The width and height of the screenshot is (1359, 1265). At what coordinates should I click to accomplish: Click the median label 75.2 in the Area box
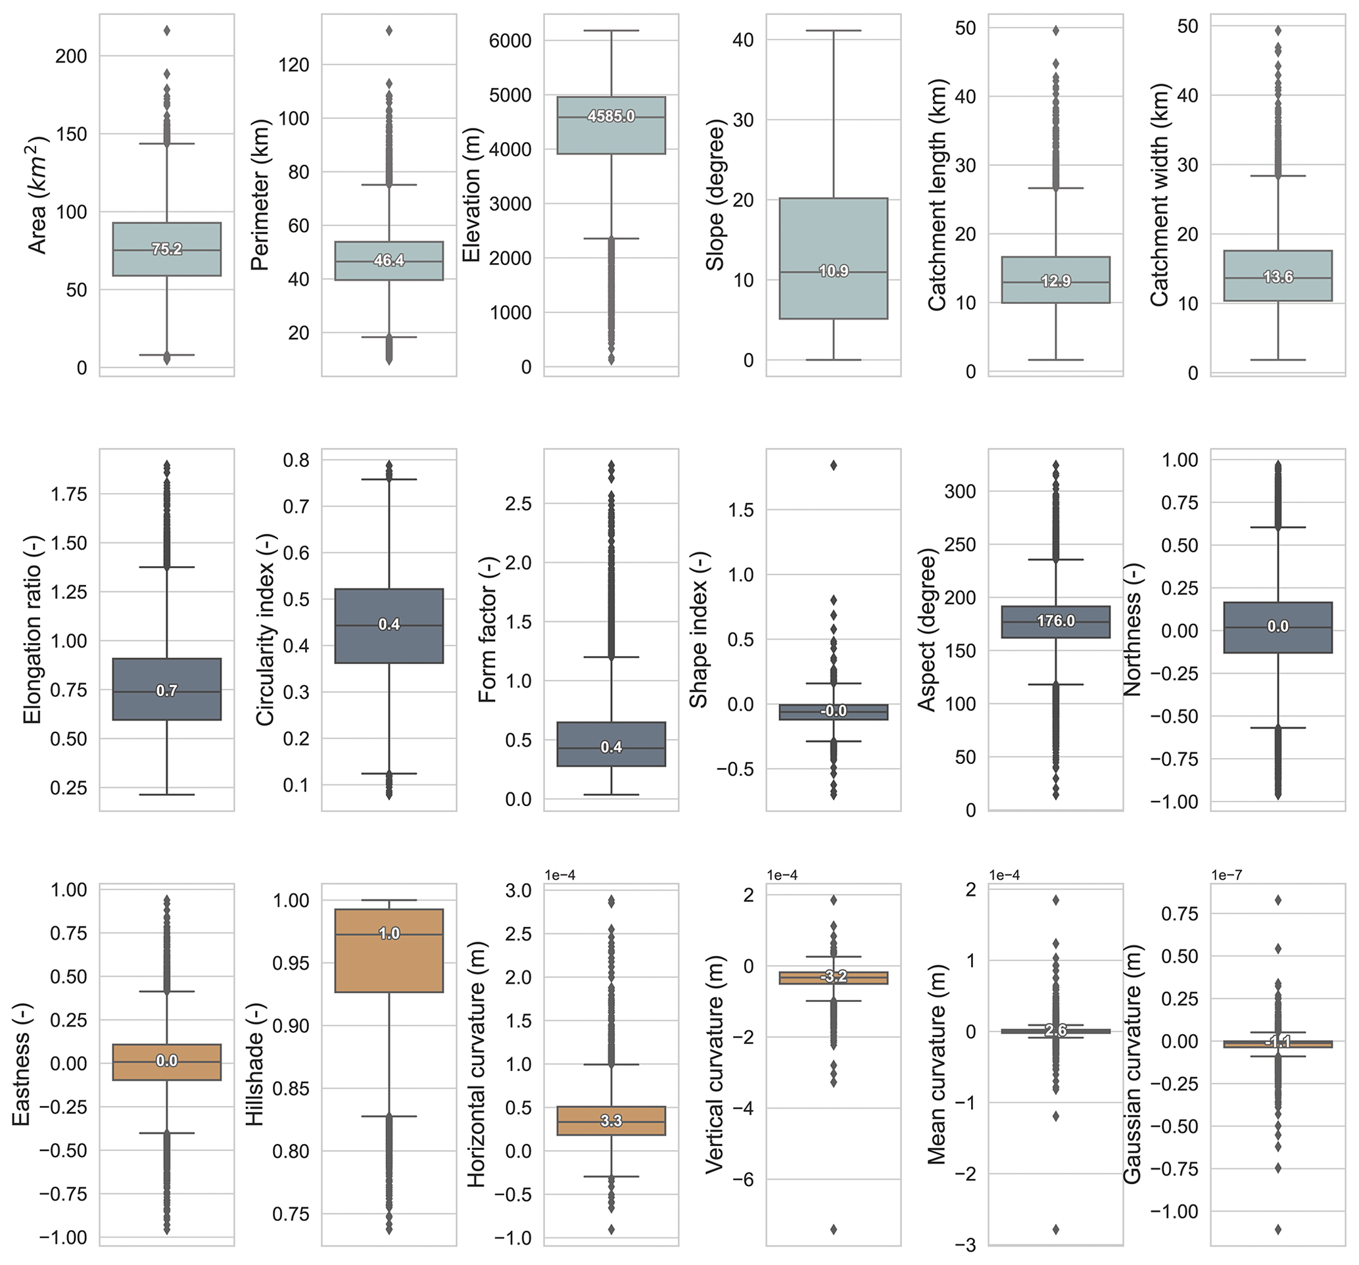(x=167, y=250)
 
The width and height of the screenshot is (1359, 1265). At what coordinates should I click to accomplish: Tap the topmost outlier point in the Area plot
(x=167, y=30)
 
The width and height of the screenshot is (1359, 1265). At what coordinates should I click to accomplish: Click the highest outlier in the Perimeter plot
(x=389, y=30)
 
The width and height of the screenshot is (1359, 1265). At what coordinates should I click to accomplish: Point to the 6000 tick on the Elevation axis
(x=510, y=40)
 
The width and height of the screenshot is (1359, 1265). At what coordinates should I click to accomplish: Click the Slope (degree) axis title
(x=715, y=195)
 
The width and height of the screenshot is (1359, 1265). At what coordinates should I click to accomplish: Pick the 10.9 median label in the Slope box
(x=833, y=272)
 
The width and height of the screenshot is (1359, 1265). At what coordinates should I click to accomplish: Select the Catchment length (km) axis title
(x=937, y=195)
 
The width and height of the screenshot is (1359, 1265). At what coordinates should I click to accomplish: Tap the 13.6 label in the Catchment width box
(x=1277, y=277)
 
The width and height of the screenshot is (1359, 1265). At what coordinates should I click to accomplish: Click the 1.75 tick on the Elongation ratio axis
(x=69, y=494)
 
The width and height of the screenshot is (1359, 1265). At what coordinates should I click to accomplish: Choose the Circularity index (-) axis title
(x=265, y=629)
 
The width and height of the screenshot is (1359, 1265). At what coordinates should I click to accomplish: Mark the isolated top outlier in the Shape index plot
(x=833, y=465)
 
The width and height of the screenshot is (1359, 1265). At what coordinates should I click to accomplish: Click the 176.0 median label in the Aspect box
(x=1055, y=621)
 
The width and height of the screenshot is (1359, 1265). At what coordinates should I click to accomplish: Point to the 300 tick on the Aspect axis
(x=961, y=491)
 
